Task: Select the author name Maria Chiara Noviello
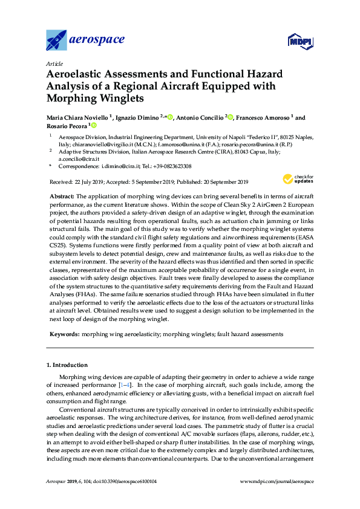[77, 117]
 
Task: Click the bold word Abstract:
[61, 197]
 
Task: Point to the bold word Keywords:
[65, 334]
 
